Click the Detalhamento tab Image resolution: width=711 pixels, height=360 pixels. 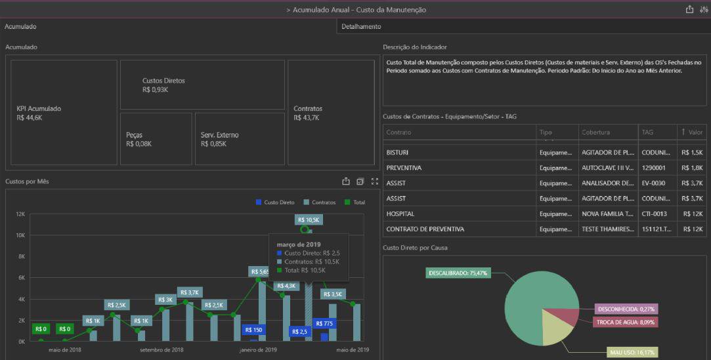coord(361,26)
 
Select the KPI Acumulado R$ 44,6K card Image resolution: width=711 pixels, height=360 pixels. coord(64,113)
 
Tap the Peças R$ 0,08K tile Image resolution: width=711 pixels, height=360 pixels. coord(156,139)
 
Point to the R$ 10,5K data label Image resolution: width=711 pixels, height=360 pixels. coord(308,220)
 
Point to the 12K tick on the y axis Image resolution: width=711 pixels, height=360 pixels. coord(20,214)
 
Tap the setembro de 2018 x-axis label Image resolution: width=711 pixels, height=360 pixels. coord(162,349)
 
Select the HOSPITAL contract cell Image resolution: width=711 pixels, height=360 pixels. coord(400,214)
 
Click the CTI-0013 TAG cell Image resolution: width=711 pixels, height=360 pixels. coord(654,214)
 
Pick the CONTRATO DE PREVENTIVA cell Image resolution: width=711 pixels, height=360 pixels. coord(425,229)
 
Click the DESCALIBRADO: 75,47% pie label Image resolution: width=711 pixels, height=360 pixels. coord(458,272)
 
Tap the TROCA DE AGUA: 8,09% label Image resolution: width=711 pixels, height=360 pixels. coord(626,322)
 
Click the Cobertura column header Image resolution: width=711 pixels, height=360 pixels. coord(595,133)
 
